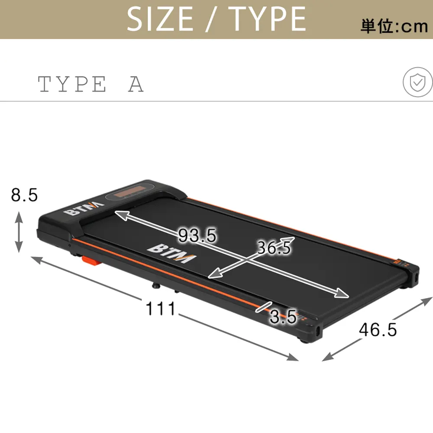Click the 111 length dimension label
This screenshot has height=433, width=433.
tap(161, 309)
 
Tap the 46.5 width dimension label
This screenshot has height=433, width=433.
tap(378, 330)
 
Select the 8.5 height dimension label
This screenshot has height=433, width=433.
tap(24, 195)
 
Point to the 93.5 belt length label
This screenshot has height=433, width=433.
tap(197, 236)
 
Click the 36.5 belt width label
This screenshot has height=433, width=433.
tap(274, 248)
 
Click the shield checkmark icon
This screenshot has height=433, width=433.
tap(417, 83)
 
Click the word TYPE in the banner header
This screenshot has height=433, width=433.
tap(267, 19)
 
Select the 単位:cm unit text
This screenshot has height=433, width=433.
tap(394, 26)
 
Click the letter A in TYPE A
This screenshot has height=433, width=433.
tap(136, 84)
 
